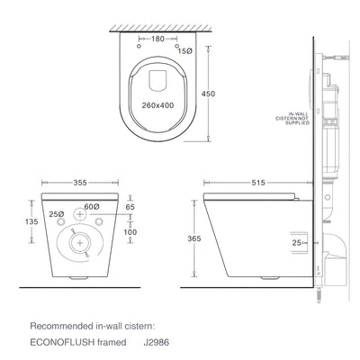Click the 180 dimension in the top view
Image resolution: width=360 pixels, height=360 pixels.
pyautogui.click(x=158, y=40)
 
